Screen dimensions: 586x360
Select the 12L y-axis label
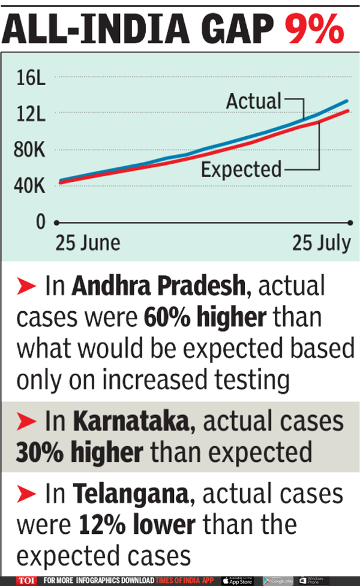click(31, 115)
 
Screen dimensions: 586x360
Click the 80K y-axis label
click(31, 150)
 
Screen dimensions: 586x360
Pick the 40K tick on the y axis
click(31, 186)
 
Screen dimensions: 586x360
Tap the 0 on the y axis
click(41, 222)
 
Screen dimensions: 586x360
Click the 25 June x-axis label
click(88, 244)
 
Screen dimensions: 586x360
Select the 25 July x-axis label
click(321, 244)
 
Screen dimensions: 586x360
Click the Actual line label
click(253, 101)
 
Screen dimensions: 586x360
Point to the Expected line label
click(241, 169)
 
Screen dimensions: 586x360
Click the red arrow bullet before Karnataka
click(28, 422)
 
